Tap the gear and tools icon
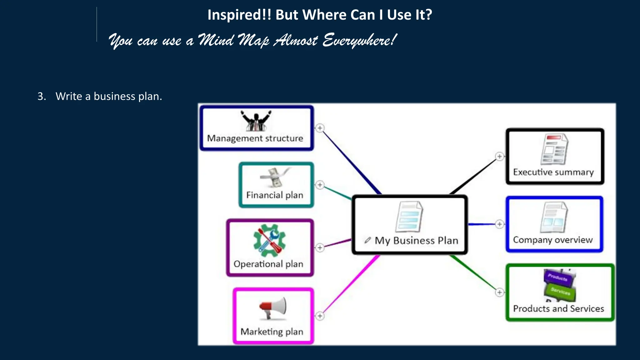coord(269,240)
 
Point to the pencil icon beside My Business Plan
coord(367,240)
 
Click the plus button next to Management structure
coord(320,128)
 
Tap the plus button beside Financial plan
coord(320,185)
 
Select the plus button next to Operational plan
coord(320,248)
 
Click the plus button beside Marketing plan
coord(320,316)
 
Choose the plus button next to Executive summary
coord(500,157)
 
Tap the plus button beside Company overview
coord(500,224)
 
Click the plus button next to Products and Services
coord(500,292)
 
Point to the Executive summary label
coord(553,172)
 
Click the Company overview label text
coord(552,240)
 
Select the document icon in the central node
coord(409,217)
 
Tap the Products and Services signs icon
coord(559,285)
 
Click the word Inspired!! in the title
coord(239,15)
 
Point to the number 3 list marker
coord(41,96)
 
